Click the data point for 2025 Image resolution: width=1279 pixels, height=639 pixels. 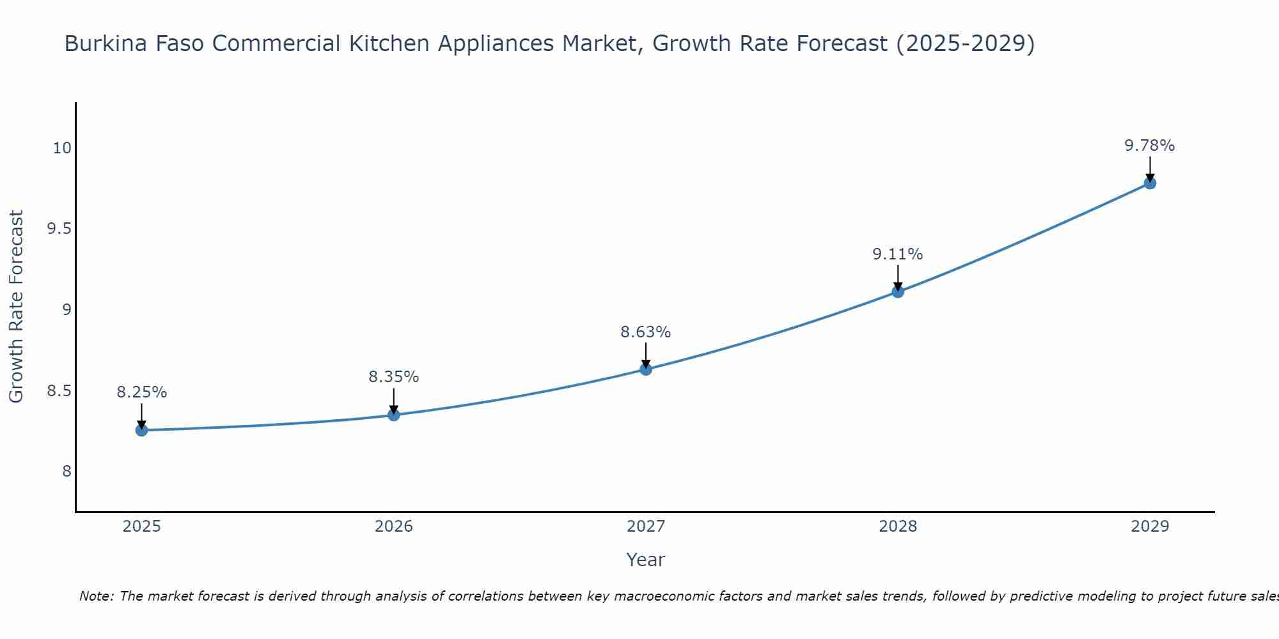point(141,431)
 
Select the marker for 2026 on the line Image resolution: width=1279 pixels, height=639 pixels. point(394,415)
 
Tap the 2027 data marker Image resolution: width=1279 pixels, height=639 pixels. point(646,369)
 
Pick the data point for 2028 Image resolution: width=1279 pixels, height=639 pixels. point(898,291)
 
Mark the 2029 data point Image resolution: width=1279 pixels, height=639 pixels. point(1150,183)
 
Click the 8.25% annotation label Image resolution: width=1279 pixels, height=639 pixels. point(141,392)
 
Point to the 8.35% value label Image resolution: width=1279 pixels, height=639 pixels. point(393,377)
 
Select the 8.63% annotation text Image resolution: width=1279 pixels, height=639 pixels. point(645,332)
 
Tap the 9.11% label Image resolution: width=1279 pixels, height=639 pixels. point(897,254)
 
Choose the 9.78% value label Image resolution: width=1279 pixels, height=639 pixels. point(1149,146)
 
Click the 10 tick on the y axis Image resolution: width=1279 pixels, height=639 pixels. point(62,148)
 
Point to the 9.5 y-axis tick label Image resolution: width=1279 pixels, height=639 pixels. point(59,229)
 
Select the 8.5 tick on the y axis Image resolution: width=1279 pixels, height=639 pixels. point(59,390)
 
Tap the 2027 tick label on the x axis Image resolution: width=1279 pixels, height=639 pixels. point(646,527)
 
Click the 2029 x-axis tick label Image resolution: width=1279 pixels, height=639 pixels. point(1150,527)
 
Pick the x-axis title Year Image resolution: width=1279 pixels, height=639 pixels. point(645,560)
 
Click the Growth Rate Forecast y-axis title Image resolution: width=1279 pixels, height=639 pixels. point(16,307)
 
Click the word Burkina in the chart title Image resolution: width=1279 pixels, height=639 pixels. point(102,43)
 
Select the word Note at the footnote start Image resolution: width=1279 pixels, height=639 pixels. point(95,596)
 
